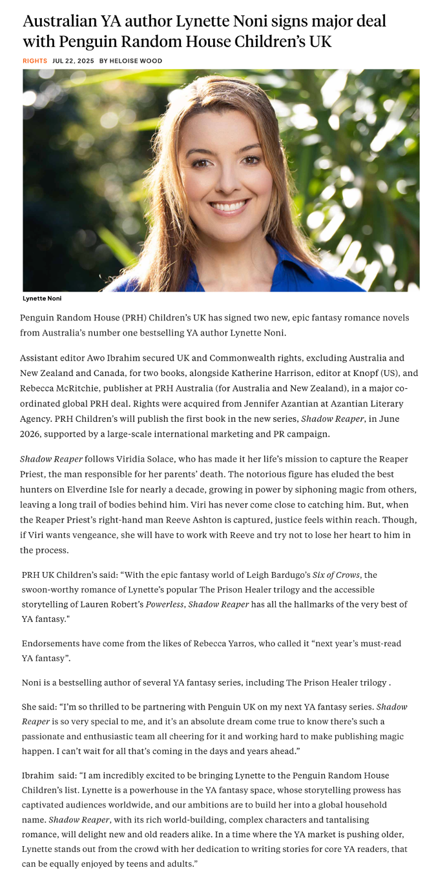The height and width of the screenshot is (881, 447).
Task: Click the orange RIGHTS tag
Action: click(x=35, y=61)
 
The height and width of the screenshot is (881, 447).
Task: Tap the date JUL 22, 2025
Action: click(x=73, y=61)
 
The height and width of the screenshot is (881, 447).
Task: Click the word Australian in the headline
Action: click(x=60, y=22)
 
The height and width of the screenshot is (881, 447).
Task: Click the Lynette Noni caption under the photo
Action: click(x=42, y=299)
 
